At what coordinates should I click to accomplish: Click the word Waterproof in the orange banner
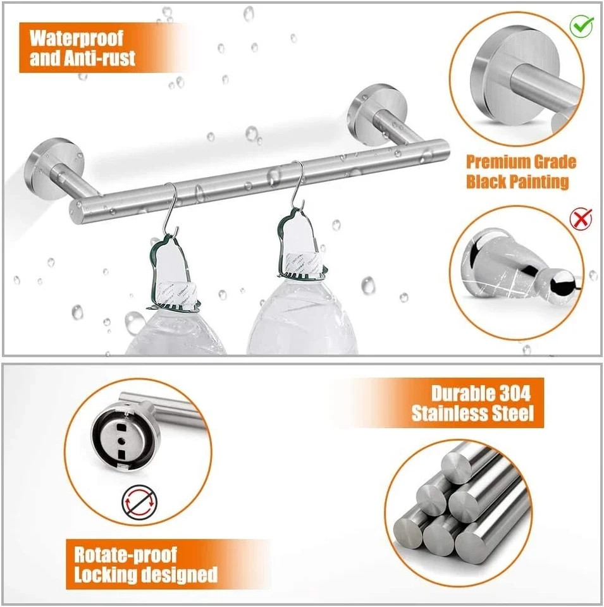[x=77, y=38]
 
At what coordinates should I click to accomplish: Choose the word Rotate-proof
[x=126, y=555]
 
